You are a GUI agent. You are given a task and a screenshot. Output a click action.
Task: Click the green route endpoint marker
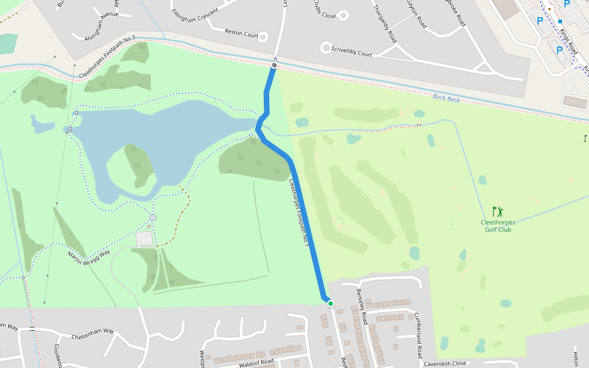click(330, 303)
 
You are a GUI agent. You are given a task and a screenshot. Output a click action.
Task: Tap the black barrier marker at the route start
click(274, 65)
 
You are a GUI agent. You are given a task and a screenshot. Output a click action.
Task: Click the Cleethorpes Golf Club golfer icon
click(497, 212)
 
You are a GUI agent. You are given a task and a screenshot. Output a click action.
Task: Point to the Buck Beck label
click(445, 98)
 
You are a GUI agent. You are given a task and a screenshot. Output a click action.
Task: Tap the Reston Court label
click(241, 34)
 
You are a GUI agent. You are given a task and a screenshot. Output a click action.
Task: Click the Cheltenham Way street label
click(93, 334)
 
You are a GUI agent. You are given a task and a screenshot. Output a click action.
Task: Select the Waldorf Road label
click(256, 362)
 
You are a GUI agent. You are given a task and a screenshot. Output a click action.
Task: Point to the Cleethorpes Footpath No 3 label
click(107, 58)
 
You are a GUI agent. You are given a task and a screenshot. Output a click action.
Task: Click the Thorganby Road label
click(385, 22)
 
